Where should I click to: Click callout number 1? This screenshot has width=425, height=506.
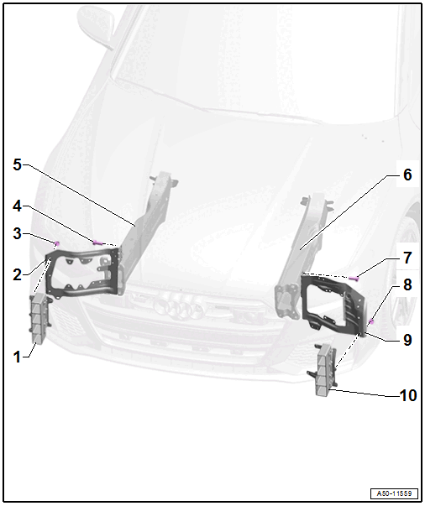[x=17, y=357]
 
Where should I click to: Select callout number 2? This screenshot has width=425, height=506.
[x=17, y=274]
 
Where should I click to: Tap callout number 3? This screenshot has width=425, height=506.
[x=17, y=233]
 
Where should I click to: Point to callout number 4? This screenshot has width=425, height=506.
[x=17, y=206]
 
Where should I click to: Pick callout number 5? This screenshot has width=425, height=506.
[x=17, y=164]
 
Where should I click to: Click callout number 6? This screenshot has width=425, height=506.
[x=407, y=175]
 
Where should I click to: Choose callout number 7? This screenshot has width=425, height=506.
[x=407, y=258]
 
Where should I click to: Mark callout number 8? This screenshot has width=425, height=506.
[x=407, y=284]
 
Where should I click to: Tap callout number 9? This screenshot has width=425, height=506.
[x=407, y=340]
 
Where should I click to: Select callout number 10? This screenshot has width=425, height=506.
[x=408, y=395]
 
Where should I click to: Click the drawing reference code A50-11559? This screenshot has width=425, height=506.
[x=394, y=493]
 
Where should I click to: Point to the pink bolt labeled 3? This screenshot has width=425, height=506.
[x=57, y=243]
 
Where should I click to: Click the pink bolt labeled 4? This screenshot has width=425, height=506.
[x=97, y=243]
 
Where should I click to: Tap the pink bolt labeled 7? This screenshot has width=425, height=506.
[x=354, y=278]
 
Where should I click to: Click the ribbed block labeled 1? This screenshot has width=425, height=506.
[x=39, y=319]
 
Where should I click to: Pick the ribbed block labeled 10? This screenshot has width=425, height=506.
[x=323, y=370]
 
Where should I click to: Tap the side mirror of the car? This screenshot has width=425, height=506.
[x=97, y=27]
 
